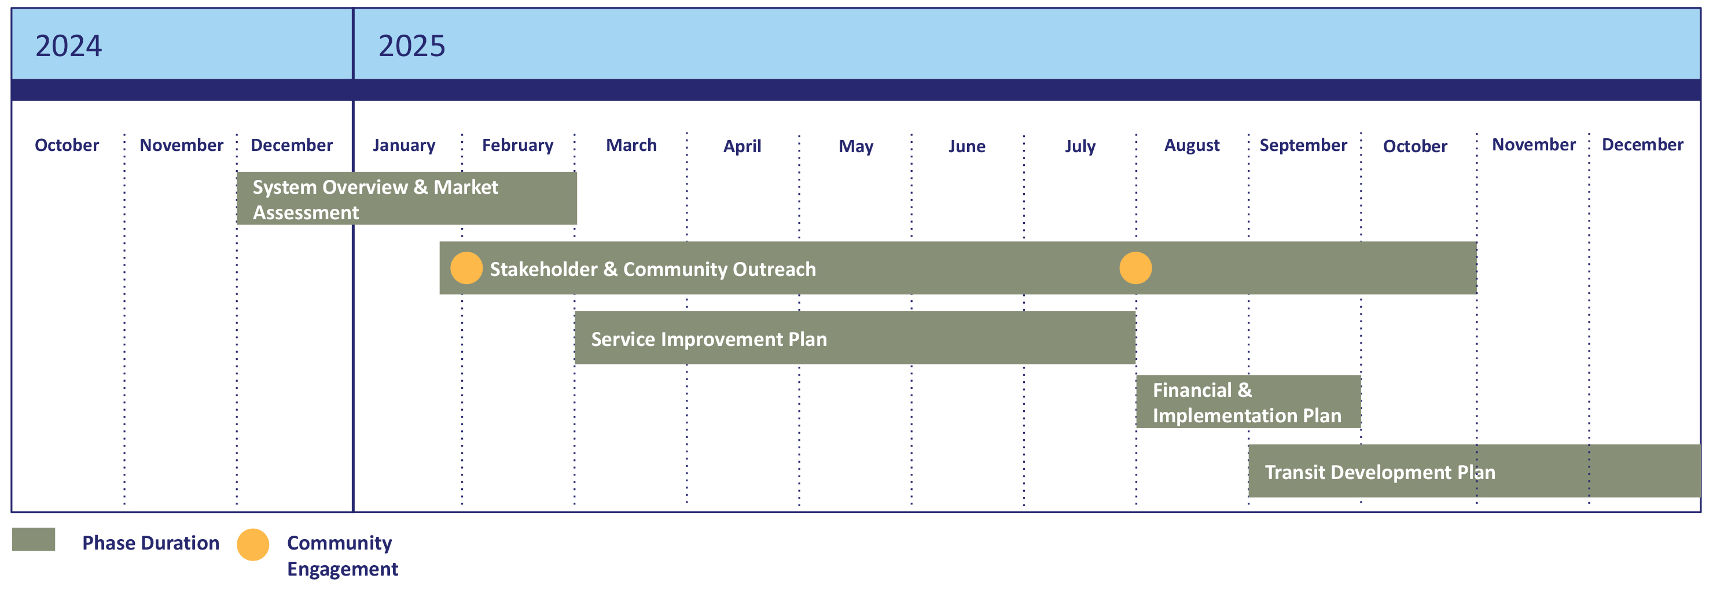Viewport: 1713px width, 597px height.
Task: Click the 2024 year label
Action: click(x=68, y=46)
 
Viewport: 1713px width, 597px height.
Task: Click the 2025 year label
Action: click(x=411, y=46)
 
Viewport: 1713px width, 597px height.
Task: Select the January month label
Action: click(x=403, y=146)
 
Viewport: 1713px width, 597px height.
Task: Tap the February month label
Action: click(x=517, y=146)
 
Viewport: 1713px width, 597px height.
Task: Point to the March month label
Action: click(x=631, y=145)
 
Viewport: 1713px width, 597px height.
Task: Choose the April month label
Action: click(x=742, y=146)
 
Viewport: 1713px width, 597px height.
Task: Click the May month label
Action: click(x=856, y=146)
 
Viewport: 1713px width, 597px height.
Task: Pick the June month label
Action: click(x=967, y=146)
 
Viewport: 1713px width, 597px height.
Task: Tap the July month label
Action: click(x=1080, y=146)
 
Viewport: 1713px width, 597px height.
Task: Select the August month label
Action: click(x=1192, y=146)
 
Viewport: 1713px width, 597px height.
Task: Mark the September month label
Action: click(x=1303, y=146)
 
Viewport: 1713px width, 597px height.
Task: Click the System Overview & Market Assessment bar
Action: click(x=407, y=198)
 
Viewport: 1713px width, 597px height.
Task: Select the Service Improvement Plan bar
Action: click(x=855, y=338)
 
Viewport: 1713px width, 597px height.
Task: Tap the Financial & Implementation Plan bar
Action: click(x=1248, y=401)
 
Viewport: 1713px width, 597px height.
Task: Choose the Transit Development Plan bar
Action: click(x=1474, y=471)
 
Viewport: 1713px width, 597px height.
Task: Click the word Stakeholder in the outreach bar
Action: click(x=543, y=269)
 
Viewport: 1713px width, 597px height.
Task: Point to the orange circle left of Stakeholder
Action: click(x=466, y=268)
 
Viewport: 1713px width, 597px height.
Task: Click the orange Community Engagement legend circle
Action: click(x=253, y=544)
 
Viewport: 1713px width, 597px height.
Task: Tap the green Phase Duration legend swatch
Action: click(x=33, y=539)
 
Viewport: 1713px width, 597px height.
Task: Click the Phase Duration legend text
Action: click(x=150, y=543)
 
